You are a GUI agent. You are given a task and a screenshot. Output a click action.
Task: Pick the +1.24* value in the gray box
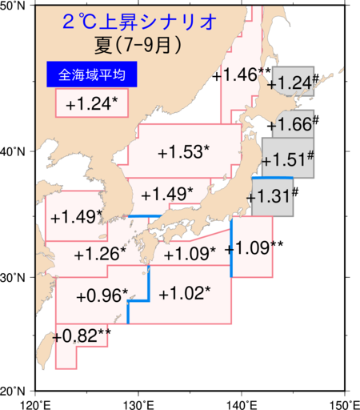click(294, 82)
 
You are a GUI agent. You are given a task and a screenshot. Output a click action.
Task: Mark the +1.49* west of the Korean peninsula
click(76, 217)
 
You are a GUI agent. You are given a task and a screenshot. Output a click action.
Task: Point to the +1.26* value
click(99, 255)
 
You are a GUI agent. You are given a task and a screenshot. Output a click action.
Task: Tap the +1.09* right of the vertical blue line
click(251, 247)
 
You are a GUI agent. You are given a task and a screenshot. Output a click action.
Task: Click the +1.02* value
click(185, 293)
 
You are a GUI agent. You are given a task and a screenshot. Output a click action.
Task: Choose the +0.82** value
click(83, 336)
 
